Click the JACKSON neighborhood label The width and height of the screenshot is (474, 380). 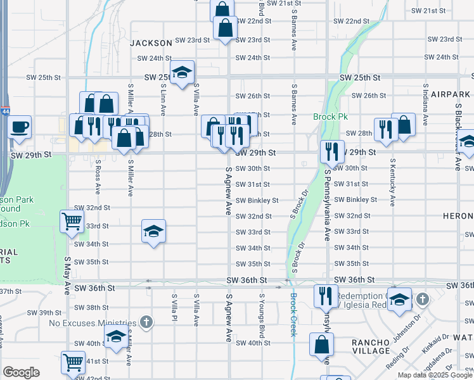point(151,43)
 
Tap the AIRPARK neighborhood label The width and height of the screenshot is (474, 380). point(449,94)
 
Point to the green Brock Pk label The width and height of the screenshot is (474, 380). point(327,117)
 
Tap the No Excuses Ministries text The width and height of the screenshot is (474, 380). point(93,323)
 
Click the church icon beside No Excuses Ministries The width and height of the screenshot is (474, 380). point(146,322)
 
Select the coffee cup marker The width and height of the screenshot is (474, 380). point(19,125)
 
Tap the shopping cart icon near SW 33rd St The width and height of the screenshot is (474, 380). point(72,221)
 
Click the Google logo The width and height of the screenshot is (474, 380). point(21,372)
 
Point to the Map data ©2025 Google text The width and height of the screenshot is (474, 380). point(435,375)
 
